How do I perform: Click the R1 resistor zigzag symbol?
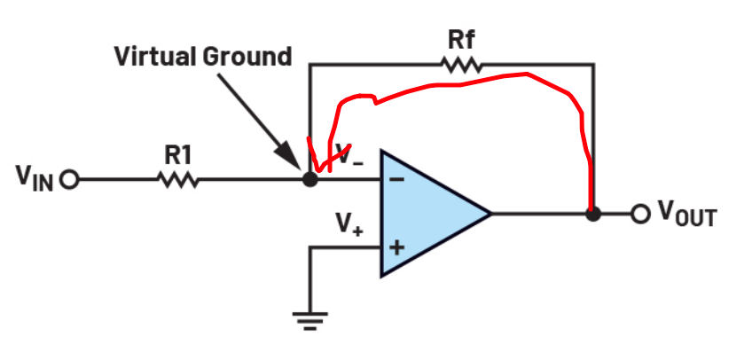177,180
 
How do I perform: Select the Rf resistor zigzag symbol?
461,65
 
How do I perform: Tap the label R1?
178,155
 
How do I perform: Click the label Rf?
461,40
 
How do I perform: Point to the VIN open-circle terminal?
70,180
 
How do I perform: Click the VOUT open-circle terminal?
639,214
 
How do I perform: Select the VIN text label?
35,178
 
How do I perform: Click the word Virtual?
155,57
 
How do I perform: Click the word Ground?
247,57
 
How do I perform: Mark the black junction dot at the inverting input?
310,180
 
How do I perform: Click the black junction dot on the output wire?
593,214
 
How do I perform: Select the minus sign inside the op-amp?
396,180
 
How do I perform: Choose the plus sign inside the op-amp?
396,247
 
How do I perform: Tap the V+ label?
349,223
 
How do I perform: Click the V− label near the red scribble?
350,156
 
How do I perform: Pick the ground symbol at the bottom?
310,321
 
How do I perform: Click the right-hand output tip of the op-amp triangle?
491,214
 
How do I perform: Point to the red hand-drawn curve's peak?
527,74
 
